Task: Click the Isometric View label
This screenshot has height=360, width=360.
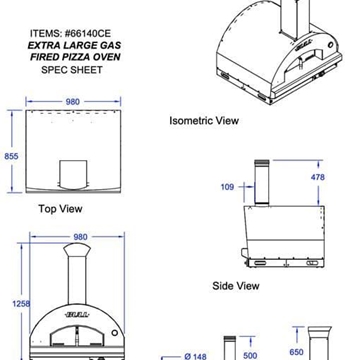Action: (x=204, y=120)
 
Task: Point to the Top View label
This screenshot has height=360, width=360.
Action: (x=60, y=209)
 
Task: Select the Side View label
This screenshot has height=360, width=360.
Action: (x=236, y=286)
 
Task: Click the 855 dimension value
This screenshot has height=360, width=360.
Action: (x=11, y=156)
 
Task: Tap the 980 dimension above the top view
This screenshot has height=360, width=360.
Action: (x=72, y=101)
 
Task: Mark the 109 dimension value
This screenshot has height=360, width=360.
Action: (x=226, y=186)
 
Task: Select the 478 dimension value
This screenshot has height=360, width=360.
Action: (x=317, y=177)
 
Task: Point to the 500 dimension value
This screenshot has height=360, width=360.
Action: (x=250, y=354)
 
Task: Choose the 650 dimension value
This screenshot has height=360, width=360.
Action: (x=296, y=352)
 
